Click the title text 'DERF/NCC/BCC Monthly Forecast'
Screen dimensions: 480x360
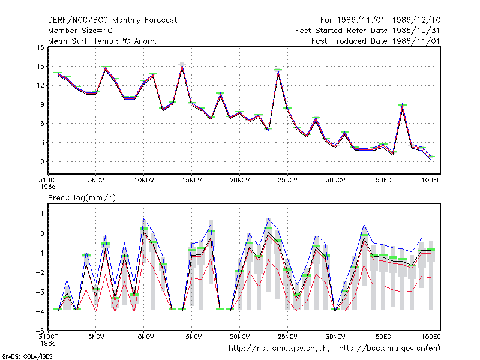click(112, 20)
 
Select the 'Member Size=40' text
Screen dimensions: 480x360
click(80, 31)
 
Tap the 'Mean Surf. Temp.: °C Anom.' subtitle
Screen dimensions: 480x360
click(103, 41)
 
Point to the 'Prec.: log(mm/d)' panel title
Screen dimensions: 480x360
click(82, 198)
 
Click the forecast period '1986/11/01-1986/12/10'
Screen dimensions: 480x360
click(389, 20)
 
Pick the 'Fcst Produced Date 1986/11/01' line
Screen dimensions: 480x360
click(376, 41)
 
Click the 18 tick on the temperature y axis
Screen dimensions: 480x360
click(40, 47)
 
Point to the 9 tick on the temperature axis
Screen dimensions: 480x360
click(42, 104)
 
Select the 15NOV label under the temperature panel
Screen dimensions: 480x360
click(192, 181)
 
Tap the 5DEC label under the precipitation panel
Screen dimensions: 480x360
click(383, 337)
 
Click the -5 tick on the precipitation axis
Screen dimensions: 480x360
click(40, 331)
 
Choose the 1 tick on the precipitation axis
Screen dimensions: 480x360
click(42, 214)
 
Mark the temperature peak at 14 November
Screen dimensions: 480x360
click(182, 64)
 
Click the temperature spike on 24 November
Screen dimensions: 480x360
click(278, 70)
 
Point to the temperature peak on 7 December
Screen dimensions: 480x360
click(402, 104)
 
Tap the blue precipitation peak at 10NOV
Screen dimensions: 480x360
click(143, 218)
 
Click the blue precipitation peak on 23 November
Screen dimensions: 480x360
click(268, 218)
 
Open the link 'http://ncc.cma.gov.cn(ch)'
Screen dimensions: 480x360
click(279, 348)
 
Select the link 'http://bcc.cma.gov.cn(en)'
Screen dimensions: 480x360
click(389, 348)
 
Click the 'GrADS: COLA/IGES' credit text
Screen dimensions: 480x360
click(27, 356)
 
